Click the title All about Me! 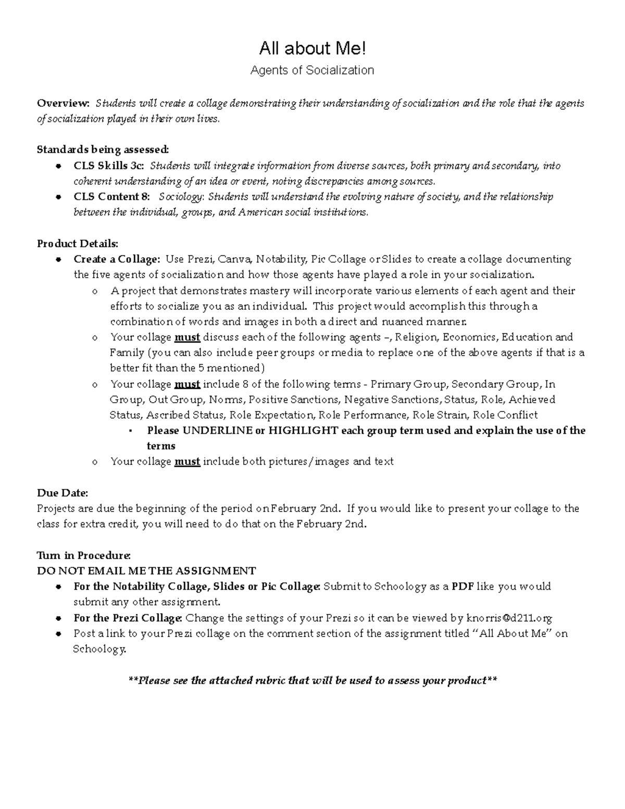(x=312, y=49)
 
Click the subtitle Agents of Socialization (x=312, y=70)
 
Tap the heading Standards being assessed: (x=103, y=150)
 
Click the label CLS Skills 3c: (x=108, y=166)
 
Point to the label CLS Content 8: (x=111, y=197)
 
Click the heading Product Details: (x=78, y=243)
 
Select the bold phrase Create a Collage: (x=117, y=259)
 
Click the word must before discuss (x=187, y=337)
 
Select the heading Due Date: (x=63, y=493)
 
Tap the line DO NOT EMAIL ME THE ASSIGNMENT (x=146, y=571)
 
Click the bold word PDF (x=463, y=587)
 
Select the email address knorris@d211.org (x=509, y=618)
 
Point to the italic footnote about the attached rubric (x=312, y=680)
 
